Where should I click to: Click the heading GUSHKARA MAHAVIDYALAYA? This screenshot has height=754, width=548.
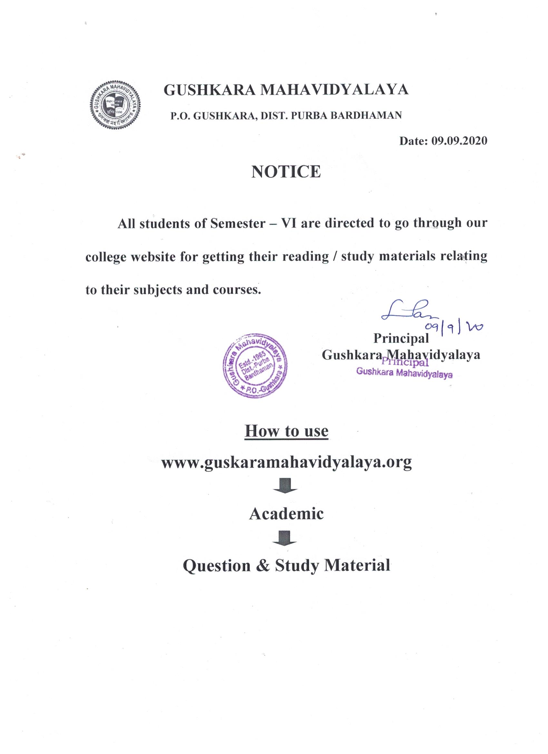[286, 90]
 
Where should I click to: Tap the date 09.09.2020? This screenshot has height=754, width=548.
[459, 141]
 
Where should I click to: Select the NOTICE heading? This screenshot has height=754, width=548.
[286, 172]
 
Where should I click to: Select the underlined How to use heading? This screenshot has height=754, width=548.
[286, 431]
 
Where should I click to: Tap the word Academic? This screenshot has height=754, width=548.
[286, 514]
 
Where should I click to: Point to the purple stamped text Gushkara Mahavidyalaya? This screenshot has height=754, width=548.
[404, 374]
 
